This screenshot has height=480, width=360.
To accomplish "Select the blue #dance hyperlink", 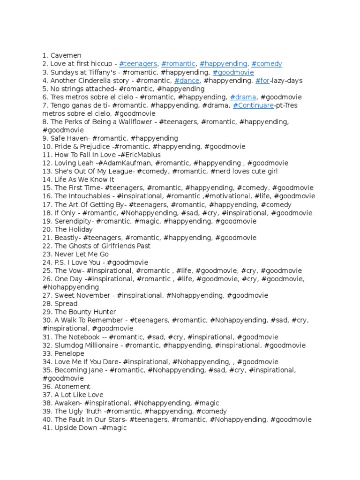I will coord(187,81).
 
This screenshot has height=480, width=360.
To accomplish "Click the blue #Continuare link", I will coord(253,105).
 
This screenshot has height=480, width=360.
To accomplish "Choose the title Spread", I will coord(66,304).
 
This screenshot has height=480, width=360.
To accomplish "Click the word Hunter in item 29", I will coord(105,312).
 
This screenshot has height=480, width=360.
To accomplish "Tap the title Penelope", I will coord(69,353).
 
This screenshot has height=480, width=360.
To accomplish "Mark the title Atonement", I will coord(72,387).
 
